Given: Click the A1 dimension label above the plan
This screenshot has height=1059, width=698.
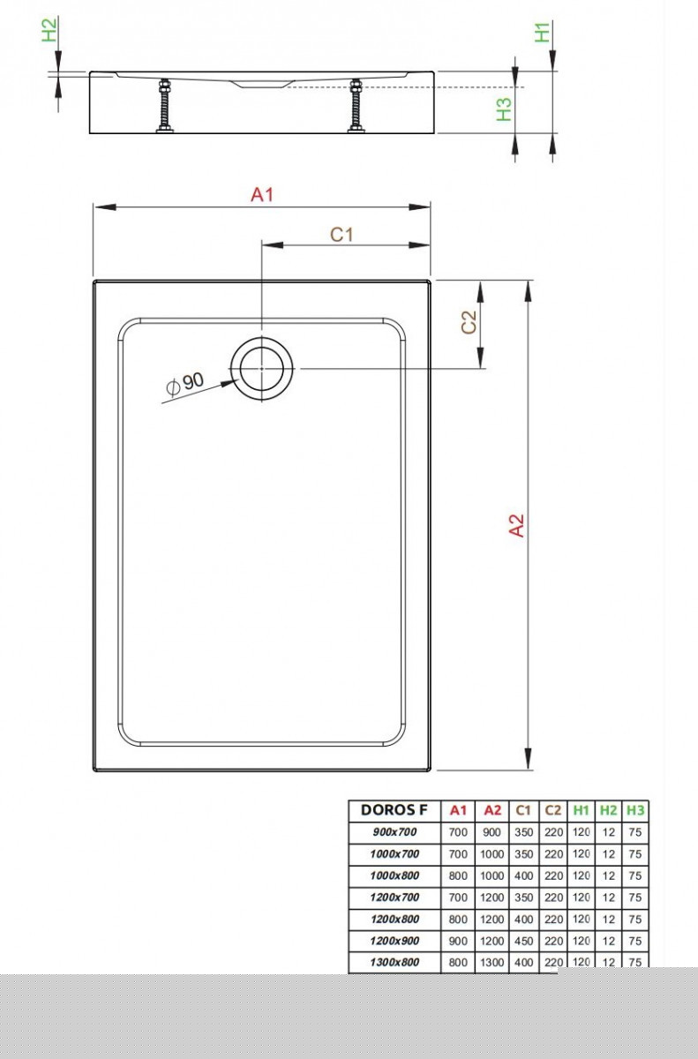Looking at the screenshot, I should point(262,194).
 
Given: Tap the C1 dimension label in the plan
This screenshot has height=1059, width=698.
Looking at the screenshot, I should point(341,234).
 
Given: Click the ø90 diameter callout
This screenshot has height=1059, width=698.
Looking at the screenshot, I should point(186,383).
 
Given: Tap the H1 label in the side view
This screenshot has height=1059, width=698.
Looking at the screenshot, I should point(543,33).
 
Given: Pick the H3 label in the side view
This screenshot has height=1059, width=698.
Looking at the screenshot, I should point(504,109).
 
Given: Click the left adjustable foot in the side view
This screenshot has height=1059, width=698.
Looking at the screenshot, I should point(163,107).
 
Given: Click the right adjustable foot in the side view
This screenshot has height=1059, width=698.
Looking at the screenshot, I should point(357,107).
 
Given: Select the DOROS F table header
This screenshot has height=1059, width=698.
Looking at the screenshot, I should point(394,810).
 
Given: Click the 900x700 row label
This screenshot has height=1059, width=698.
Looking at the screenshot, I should point(394,832).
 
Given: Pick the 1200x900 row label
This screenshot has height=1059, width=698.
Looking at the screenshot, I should point(394,941).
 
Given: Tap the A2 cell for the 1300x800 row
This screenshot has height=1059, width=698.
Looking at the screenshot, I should point(492,963).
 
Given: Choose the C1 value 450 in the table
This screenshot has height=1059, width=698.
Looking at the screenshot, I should point(524,941).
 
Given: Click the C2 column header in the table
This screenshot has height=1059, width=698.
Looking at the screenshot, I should point(553,810).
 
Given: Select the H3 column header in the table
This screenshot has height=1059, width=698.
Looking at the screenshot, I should point(634,810).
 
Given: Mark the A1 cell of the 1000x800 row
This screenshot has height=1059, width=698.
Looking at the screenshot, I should point(458,875).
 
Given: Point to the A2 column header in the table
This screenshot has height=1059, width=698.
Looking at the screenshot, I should point(492,810).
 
